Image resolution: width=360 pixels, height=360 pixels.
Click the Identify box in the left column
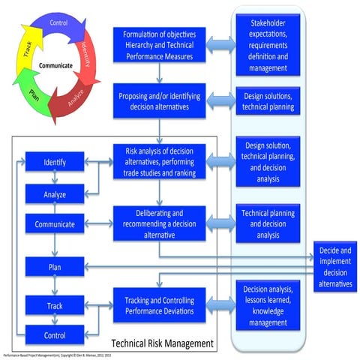(54, 161)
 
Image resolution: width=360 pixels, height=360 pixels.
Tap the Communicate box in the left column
(54, 223)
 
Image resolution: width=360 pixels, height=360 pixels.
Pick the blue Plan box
(54, 266)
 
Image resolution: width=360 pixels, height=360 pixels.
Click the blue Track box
(54, 305)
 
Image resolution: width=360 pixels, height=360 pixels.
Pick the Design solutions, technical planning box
(269, 100)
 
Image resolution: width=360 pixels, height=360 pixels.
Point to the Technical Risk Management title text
(161, 343)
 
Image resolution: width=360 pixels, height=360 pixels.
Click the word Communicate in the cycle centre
(56, 65)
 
